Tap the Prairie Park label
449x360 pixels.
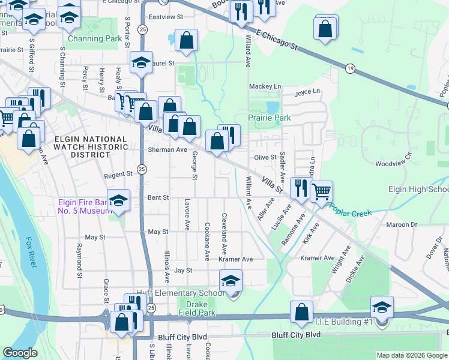[270, 118]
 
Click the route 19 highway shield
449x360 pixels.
[349, 70]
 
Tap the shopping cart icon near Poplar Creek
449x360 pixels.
[322, 191]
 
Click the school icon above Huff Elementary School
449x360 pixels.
[231, 280]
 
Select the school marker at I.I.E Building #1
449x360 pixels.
[382, 307]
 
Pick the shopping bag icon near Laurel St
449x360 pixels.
[187, 41]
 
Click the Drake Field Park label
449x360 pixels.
[197, 308]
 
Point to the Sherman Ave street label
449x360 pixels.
[168, 149]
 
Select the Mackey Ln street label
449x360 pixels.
[265, 86]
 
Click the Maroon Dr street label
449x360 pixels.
[400, 224]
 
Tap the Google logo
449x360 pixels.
[20, 353]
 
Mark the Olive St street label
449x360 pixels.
[265, 157]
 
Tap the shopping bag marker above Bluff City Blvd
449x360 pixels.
[301, 312]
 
